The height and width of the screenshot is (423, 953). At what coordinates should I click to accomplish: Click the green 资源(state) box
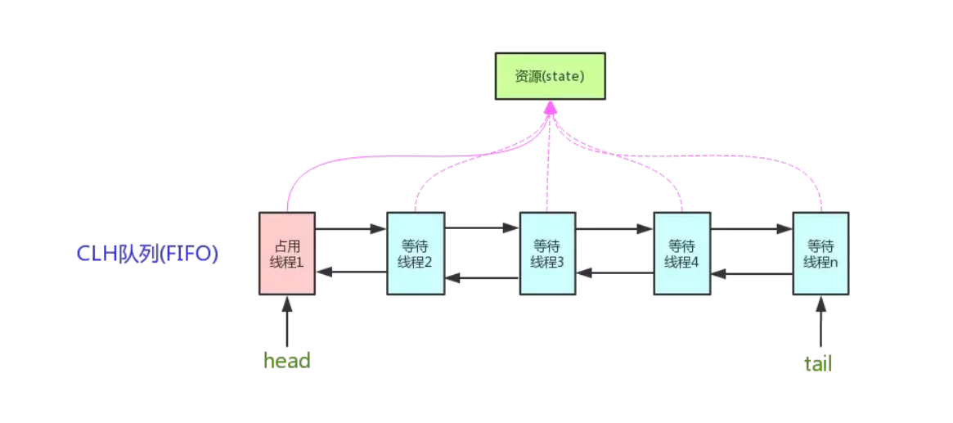point(550,76)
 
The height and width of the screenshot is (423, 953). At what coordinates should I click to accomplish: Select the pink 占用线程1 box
point(287,253)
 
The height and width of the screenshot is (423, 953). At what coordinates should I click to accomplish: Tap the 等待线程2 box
point(415,253)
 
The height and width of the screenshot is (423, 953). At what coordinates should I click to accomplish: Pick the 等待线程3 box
point(547,253)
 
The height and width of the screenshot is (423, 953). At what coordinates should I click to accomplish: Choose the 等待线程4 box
point(682,253)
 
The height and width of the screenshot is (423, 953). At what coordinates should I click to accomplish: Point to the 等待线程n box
point(820,253)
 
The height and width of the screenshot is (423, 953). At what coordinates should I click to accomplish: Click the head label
point(287,360)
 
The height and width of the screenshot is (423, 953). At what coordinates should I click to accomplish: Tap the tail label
point(818,363)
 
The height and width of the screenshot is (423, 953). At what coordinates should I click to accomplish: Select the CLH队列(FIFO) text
point(147,254)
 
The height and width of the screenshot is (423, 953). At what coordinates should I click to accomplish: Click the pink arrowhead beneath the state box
point(550,107)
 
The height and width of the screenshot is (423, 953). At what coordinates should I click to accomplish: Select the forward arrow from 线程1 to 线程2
point(351,229)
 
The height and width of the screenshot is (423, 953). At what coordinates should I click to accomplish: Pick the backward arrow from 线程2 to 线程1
point(351,272)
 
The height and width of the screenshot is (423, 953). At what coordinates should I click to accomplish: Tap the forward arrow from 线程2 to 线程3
point(481,228)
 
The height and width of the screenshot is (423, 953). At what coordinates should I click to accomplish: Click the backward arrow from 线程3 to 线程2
point(481,278)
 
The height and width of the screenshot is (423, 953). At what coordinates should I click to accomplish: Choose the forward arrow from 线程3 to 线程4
point(614,229)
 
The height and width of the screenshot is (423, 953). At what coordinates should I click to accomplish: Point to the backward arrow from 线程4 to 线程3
point(614,273)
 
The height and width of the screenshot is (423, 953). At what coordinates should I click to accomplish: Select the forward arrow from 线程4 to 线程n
point(751,229)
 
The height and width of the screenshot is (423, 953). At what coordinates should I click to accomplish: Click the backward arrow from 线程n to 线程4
point(751,274)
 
